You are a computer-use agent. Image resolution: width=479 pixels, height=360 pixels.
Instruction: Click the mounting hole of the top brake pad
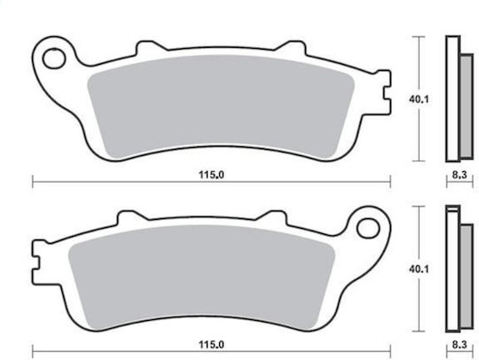click(54, 59)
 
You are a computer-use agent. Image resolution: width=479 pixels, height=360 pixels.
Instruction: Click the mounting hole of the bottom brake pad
click(368, 229)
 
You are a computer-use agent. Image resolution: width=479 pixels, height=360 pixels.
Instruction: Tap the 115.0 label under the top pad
click(211, 175)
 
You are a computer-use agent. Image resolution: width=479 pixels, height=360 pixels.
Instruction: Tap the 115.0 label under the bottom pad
click(211, 345)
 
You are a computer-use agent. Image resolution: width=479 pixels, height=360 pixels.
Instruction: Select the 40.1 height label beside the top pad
click(419, 99)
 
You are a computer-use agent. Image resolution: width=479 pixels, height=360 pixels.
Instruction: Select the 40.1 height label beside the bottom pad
click(419, 269)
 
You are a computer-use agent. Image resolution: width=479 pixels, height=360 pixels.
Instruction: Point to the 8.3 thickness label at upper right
click(459, 175)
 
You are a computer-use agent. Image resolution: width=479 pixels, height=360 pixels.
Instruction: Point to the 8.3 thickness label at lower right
click(459, 345)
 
